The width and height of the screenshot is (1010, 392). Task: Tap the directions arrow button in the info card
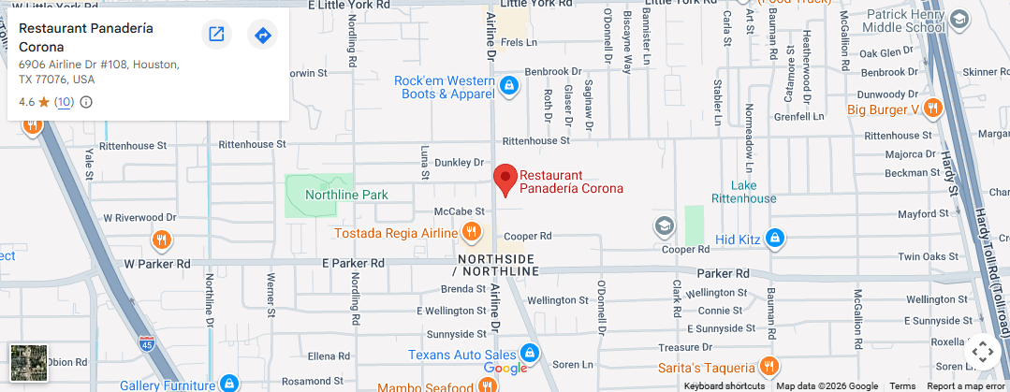263,35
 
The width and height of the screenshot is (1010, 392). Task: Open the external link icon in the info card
216,35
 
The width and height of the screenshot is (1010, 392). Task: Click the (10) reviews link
64,102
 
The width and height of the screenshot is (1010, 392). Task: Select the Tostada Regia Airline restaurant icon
473,231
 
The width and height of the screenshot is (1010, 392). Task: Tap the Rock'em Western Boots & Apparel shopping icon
508,87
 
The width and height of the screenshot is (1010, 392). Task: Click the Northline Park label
345,195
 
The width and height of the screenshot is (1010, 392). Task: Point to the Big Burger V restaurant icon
932,109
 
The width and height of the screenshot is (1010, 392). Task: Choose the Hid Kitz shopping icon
773,240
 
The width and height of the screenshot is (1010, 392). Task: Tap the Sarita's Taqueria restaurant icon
768,367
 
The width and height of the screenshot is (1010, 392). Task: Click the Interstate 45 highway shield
145,342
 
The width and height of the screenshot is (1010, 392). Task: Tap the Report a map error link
965,386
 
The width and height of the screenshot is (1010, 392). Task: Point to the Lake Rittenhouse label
743,192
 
